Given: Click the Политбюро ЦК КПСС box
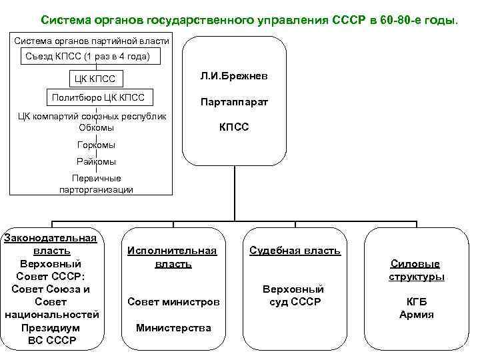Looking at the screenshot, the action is (98, 98).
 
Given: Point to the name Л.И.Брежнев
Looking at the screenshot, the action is (234, 77).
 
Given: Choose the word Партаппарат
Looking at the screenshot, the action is (234, 103).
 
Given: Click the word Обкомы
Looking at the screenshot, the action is (96, 127).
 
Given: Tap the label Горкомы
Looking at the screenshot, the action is (96, 145).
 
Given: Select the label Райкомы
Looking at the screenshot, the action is (96, 161).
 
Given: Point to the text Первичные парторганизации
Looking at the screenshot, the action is (96, 184).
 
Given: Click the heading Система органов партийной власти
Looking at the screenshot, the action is (91, 41).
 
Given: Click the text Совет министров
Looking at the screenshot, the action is (173, 302).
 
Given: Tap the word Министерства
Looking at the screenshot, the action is (173, 327).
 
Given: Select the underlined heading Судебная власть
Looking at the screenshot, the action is (295, 251).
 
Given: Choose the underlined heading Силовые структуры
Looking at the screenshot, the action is (416, 271).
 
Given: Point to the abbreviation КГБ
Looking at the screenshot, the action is (416, 302).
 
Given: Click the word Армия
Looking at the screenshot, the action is (416, 315).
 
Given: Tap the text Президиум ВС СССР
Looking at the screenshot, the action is (52, 334).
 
